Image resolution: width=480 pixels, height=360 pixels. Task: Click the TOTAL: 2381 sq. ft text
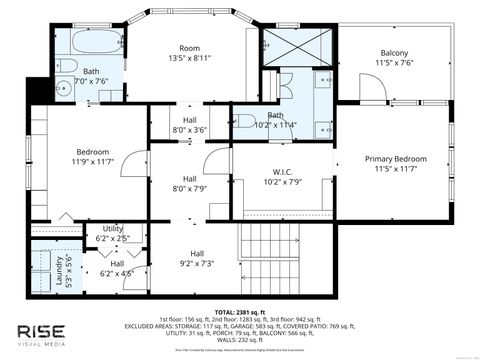[x=239, y=310]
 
